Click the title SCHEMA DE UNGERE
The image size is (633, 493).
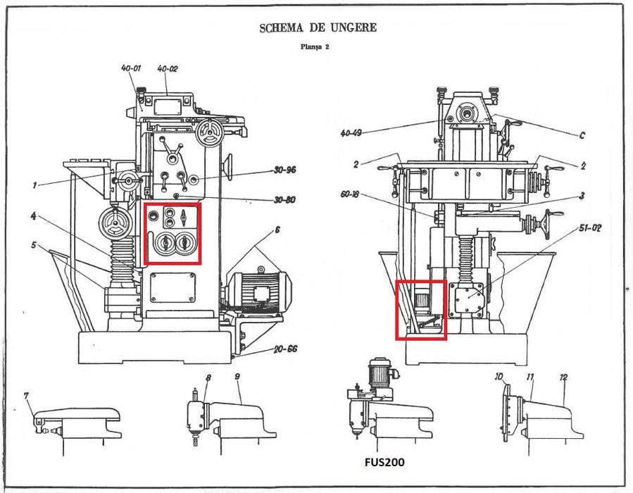[x=318, y=28]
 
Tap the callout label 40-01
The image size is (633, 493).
[x=131, y=68]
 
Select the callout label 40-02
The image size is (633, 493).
[x=167, y=69]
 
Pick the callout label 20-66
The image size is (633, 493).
[x=287, y=348]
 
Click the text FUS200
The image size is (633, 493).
[x=384, y=463]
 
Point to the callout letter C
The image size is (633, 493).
[x=581, y=135]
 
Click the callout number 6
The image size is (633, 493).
[x=277, y=230]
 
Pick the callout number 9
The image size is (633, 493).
[x=237, y=377]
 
